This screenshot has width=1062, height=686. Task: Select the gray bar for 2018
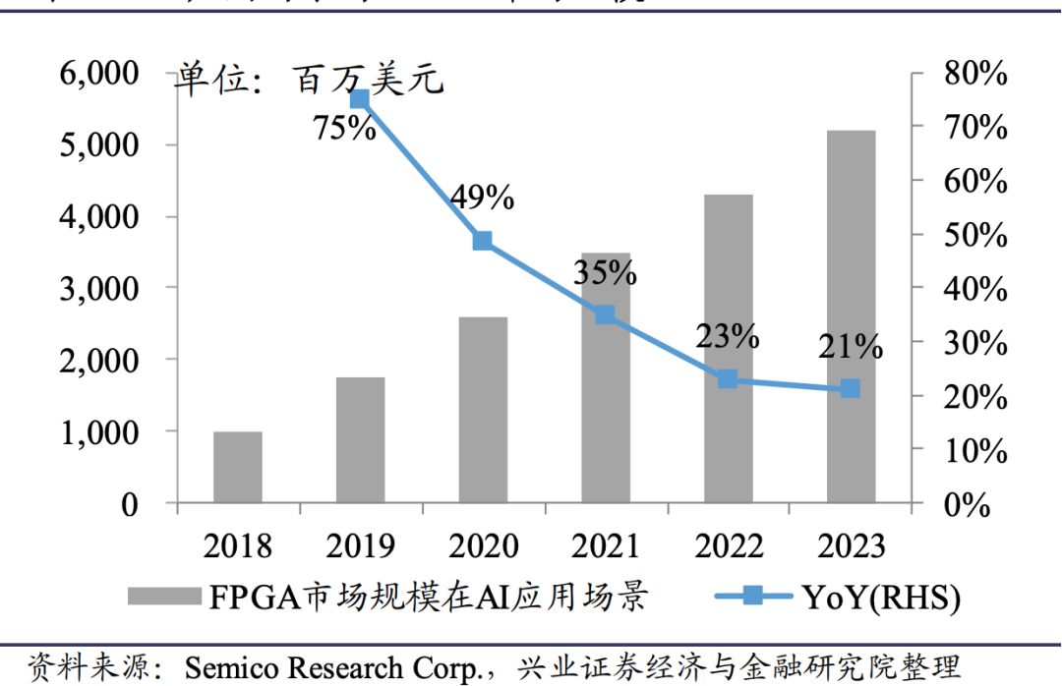(238, 467)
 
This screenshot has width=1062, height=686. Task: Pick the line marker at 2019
(360, 99)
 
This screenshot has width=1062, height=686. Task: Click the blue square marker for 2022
(728, 378)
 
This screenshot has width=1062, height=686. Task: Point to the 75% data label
(344, 128)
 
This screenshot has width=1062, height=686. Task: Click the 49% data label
(482, 198)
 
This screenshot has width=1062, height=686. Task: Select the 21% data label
(850, 346)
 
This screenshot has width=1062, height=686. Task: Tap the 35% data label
(605, 272)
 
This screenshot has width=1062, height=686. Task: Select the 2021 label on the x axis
(605, 546)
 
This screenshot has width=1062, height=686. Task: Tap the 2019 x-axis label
(360, 546)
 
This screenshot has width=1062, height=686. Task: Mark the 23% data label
(728, 336)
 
